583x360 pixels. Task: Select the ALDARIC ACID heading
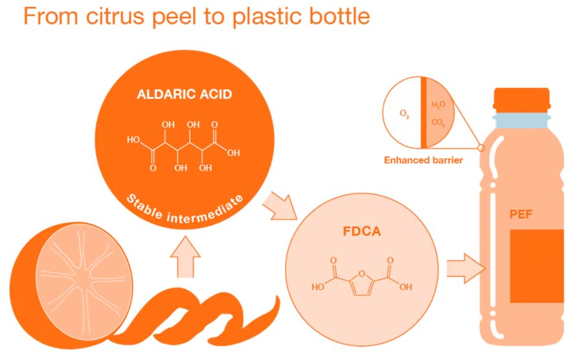pos(185,95)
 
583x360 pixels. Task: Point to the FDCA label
pos(359,230)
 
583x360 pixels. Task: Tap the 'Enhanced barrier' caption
pos(423,160)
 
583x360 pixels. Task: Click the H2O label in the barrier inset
pos(439,105)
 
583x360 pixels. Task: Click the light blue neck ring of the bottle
pos(521,120)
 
